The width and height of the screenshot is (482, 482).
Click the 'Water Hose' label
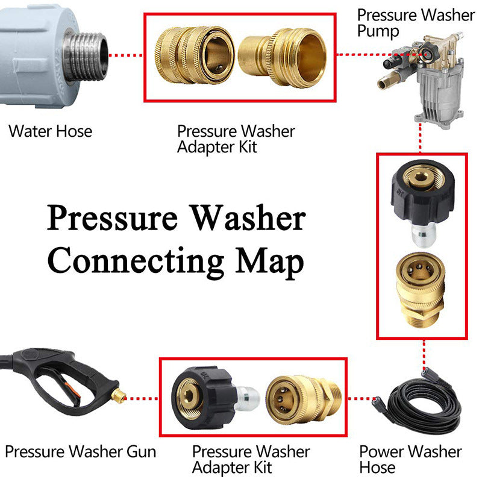[x=50, y=131]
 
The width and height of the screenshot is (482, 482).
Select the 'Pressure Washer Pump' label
[x=416, y=23]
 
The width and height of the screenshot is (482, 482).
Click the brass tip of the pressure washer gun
[x=121, y=397]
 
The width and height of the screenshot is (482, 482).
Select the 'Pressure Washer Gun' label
[x=80, y=451]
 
